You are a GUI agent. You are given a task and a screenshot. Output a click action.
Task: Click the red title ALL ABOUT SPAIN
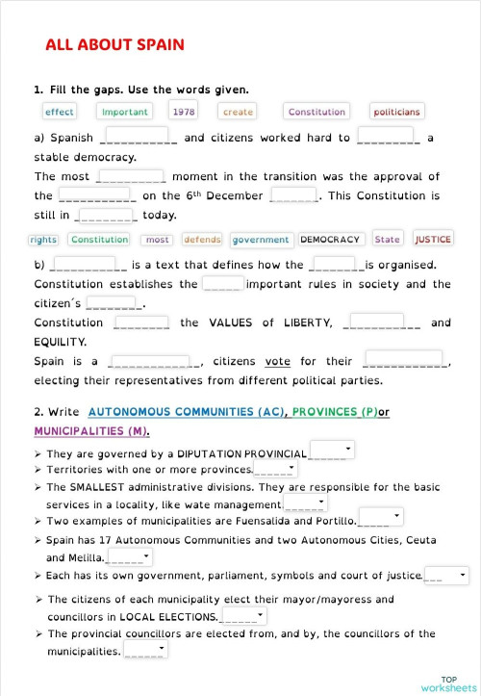point(114,45)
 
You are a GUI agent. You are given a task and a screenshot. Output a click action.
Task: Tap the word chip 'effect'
point(60,112)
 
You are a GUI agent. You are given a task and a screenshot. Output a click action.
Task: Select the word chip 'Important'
point(125,112)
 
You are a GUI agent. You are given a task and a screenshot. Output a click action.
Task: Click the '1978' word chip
point(184,112)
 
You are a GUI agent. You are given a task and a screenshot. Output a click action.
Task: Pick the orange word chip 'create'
point(238,112)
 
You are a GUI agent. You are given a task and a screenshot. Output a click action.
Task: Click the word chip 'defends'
point(202,240)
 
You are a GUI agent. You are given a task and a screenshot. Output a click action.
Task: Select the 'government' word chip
point(261,240)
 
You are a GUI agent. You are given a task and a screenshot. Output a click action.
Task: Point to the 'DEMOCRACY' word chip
point(330,240)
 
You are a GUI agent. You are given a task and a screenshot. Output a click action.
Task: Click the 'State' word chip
point(388,240)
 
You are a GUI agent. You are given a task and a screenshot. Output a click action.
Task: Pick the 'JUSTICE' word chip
point(433,240)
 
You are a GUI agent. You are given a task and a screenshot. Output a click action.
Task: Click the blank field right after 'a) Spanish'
point(139,137)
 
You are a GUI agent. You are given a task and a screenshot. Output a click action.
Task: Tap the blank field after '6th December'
point(294,194)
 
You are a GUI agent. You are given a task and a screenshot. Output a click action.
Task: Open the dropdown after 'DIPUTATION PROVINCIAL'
point(332,451)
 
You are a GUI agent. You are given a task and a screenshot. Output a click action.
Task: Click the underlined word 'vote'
point(277,362)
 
